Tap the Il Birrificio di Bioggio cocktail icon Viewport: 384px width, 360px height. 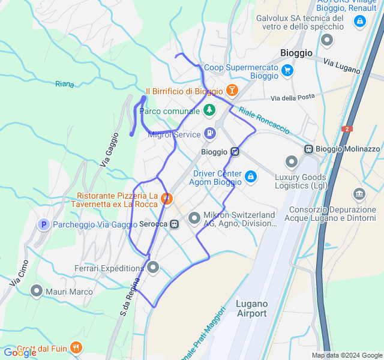tap(232, 91)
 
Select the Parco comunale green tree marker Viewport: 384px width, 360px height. tap(209, 110)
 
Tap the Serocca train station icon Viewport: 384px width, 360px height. tap(174, 224)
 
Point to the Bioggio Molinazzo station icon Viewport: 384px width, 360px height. tap(308, 149)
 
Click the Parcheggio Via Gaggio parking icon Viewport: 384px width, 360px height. tap(43, 224)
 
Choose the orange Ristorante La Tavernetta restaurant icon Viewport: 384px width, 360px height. tap(167, 198)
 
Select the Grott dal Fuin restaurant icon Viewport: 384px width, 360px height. tap(76, 347)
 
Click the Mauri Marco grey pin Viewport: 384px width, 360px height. tap(37, 292)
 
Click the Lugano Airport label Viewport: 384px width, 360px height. tap(251, 308)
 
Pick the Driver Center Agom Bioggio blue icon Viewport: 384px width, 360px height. tap(251, 176)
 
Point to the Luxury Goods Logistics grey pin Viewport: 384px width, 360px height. tap(292, 161)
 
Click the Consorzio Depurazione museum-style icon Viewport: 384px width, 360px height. tap(359, 194)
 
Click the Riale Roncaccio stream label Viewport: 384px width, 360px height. tap(264, 120)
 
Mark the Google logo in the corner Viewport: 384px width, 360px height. tap(19, 352)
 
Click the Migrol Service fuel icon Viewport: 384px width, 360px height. tap(209, 133)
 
